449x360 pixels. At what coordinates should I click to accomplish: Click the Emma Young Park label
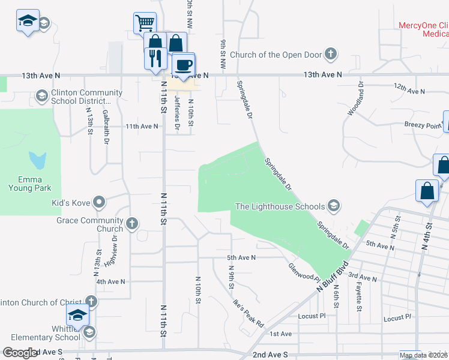pos(30,183)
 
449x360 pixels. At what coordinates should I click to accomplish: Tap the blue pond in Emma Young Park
pos(38,160)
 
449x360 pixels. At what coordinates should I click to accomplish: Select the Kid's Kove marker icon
pos(100,203)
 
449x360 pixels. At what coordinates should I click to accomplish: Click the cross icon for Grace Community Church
pos(132,224)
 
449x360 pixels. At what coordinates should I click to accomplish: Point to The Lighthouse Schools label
pos(280,206)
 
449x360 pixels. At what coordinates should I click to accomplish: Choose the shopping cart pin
pos(144,23)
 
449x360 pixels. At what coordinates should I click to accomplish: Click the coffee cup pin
pos(183,64)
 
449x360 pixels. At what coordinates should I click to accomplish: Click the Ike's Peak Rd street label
pos(249,313)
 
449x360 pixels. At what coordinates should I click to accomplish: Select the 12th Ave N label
pos(409,89)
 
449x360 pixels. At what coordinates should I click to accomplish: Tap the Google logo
pos(20,353)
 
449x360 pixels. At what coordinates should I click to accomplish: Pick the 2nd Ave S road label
pos(271,355)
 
